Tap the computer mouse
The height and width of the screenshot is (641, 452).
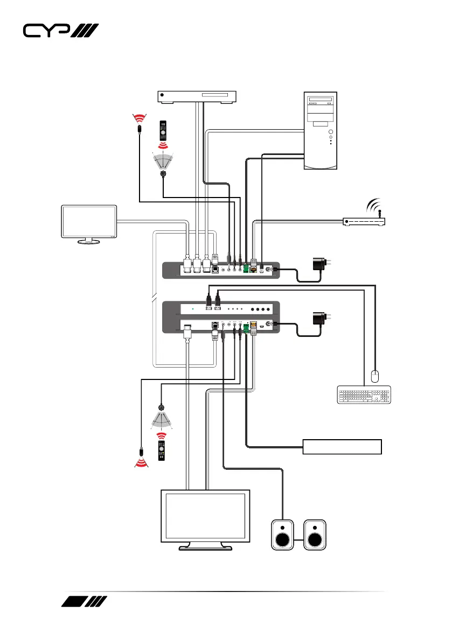(x=375, y=375)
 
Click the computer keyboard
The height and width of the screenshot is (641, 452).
(x=364, y=395)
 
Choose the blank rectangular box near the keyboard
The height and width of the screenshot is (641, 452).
(x=342, y=447)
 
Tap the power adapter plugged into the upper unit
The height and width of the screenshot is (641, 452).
(x=319, y=264)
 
